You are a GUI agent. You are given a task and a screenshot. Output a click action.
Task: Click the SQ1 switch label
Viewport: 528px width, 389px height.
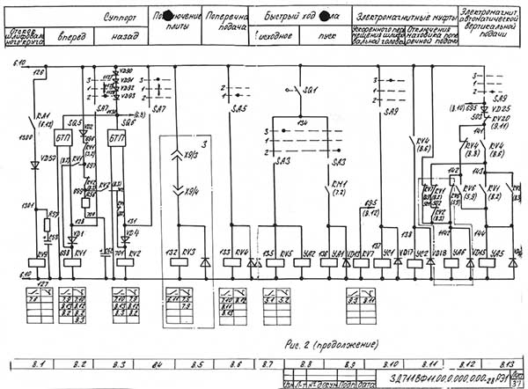tap(309, 91)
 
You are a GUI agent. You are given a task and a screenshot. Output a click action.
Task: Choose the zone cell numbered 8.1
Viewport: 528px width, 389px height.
tap(39, 363)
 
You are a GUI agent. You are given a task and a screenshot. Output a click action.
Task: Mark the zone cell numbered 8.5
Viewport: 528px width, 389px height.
tap(198, 363)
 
